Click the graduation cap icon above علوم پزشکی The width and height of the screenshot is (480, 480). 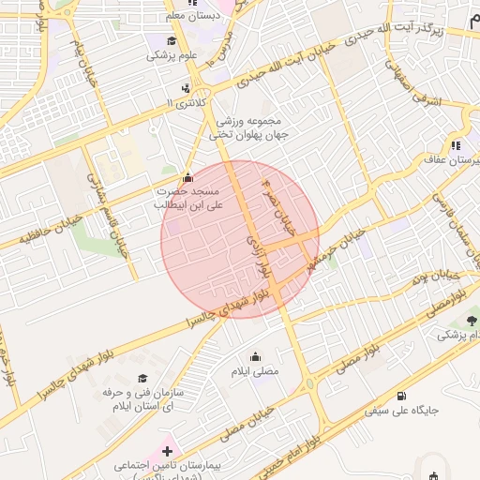[171, 39]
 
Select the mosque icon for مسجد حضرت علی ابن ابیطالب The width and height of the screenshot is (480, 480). [187, 176]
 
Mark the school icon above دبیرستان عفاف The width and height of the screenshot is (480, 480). [456, 145]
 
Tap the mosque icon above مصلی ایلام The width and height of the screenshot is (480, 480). [256, 356]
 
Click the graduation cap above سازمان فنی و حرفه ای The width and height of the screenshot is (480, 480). [142, 378]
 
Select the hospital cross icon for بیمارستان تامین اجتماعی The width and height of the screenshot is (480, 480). [167, 450]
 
